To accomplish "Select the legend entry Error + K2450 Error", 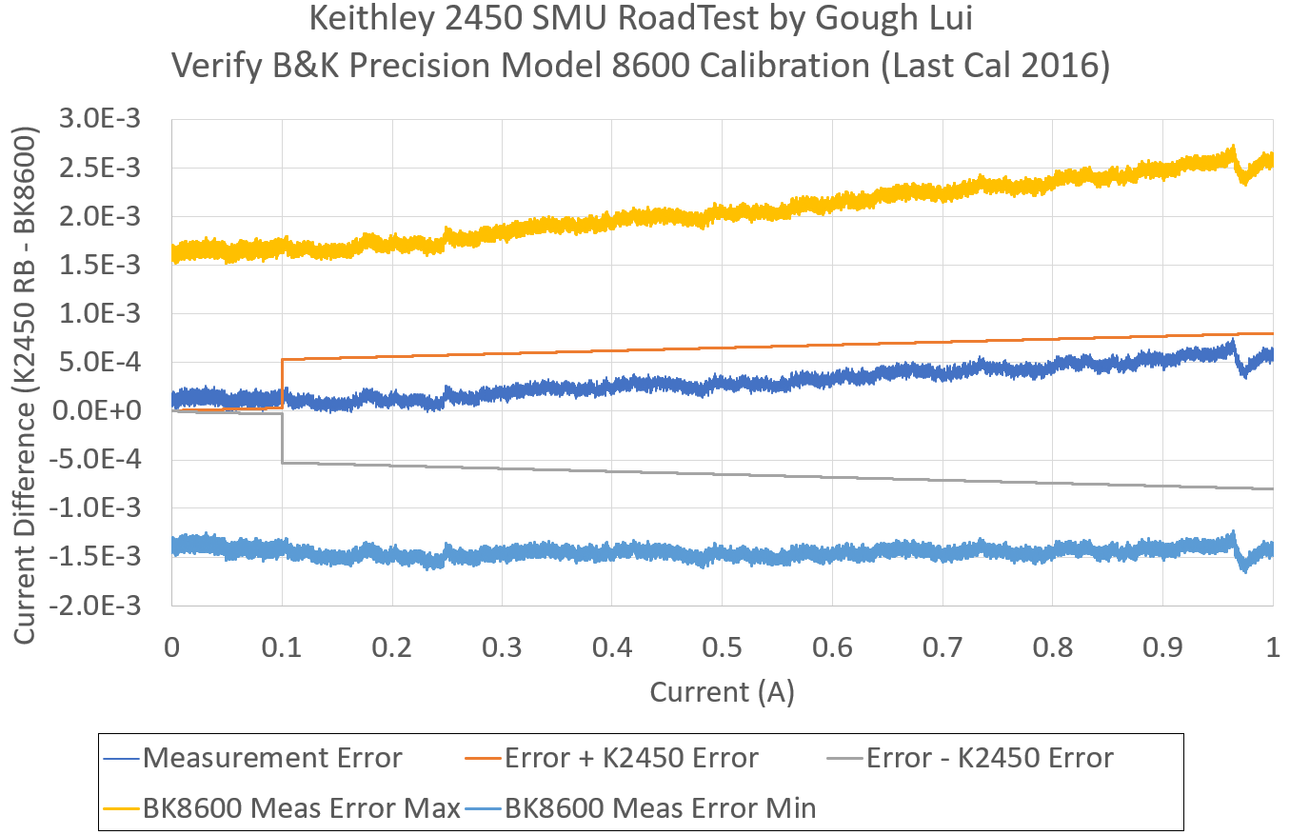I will click(x=631, y=758).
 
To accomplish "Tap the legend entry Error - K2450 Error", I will click(x=990, y=758).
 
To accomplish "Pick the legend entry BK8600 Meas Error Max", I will click(x=301, y=808).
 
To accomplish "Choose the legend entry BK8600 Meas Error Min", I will click(x=661, y=808).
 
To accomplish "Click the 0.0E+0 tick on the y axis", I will click(x=111, y=411).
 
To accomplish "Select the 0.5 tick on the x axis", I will click(x=722, y=648).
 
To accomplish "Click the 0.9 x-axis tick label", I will click(x=1162, y=648).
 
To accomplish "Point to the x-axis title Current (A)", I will click(x=722, y=692).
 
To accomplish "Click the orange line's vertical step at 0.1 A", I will click(x=282, y=383).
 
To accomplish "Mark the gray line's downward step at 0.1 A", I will click(x=282, y=438).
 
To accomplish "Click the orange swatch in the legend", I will click(x=483, y=759).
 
